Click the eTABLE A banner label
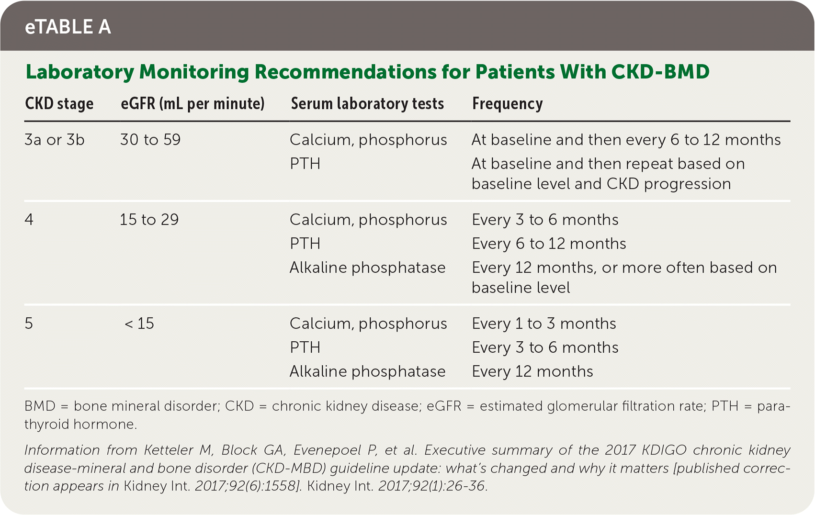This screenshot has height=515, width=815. click(68, 27)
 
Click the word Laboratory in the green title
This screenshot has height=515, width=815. click(80, 72)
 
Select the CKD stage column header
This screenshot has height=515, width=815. click(59, 104)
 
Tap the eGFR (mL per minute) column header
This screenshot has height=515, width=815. click(192, 104)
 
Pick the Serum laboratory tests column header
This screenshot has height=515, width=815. click(367, 104)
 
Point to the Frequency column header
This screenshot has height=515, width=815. click(508, 104)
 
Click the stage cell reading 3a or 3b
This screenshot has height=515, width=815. click(55, 140)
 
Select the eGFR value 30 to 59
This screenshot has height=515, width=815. click(150, 140)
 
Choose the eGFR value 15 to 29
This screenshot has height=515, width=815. click(149, 220)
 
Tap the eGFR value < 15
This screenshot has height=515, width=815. click(139, 324)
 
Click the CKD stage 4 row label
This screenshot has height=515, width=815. click(29, 220)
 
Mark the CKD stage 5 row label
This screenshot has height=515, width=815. click(29, 324)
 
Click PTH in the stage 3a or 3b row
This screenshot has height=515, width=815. click(305, 164)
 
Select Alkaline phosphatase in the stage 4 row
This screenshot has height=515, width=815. click(367, 268)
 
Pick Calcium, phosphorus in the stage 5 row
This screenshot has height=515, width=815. click(368, 324)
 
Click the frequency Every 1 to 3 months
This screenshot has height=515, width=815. click(544, 324)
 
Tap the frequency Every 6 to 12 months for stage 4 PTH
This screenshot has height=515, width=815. click(549, 244)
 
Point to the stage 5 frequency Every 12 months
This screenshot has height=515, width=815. click(532, 371)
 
